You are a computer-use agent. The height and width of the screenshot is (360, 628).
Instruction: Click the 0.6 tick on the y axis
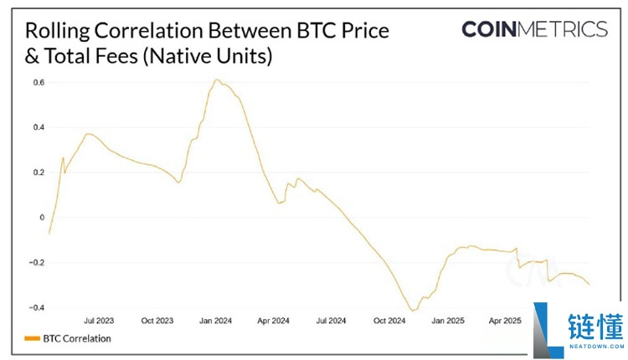point(39,82)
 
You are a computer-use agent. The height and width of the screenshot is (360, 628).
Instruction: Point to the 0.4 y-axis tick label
point(39,127)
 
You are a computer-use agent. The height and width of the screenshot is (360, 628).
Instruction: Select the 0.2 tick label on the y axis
point(39,172)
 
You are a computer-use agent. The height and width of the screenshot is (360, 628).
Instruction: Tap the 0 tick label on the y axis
point(41,218)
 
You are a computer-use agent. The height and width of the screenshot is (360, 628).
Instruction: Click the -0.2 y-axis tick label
point(37,263)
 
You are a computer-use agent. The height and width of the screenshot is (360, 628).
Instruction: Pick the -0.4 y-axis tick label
point(37,308)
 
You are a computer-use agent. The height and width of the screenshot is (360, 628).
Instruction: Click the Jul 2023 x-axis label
point(99,321)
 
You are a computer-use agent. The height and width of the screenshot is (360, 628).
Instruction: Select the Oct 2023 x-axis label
point(157,321)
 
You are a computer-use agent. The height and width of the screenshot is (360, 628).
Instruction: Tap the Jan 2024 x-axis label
point(215,321)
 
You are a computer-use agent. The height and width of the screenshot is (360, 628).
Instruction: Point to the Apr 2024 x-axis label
point(273,321)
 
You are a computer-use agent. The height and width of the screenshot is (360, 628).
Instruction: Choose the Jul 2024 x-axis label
point(331,321)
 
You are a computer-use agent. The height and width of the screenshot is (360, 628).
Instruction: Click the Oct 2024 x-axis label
point(389,321)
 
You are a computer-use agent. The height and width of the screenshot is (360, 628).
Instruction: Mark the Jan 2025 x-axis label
point(447,321)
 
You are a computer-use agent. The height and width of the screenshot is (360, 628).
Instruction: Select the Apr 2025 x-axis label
point(505,321)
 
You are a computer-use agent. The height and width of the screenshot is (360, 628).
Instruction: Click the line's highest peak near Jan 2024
point(217,80)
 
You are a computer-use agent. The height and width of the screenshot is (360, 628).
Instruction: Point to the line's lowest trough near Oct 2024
point(411,311)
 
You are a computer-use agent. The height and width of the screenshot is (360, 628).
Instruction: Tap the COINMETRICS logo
point(534,29)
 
